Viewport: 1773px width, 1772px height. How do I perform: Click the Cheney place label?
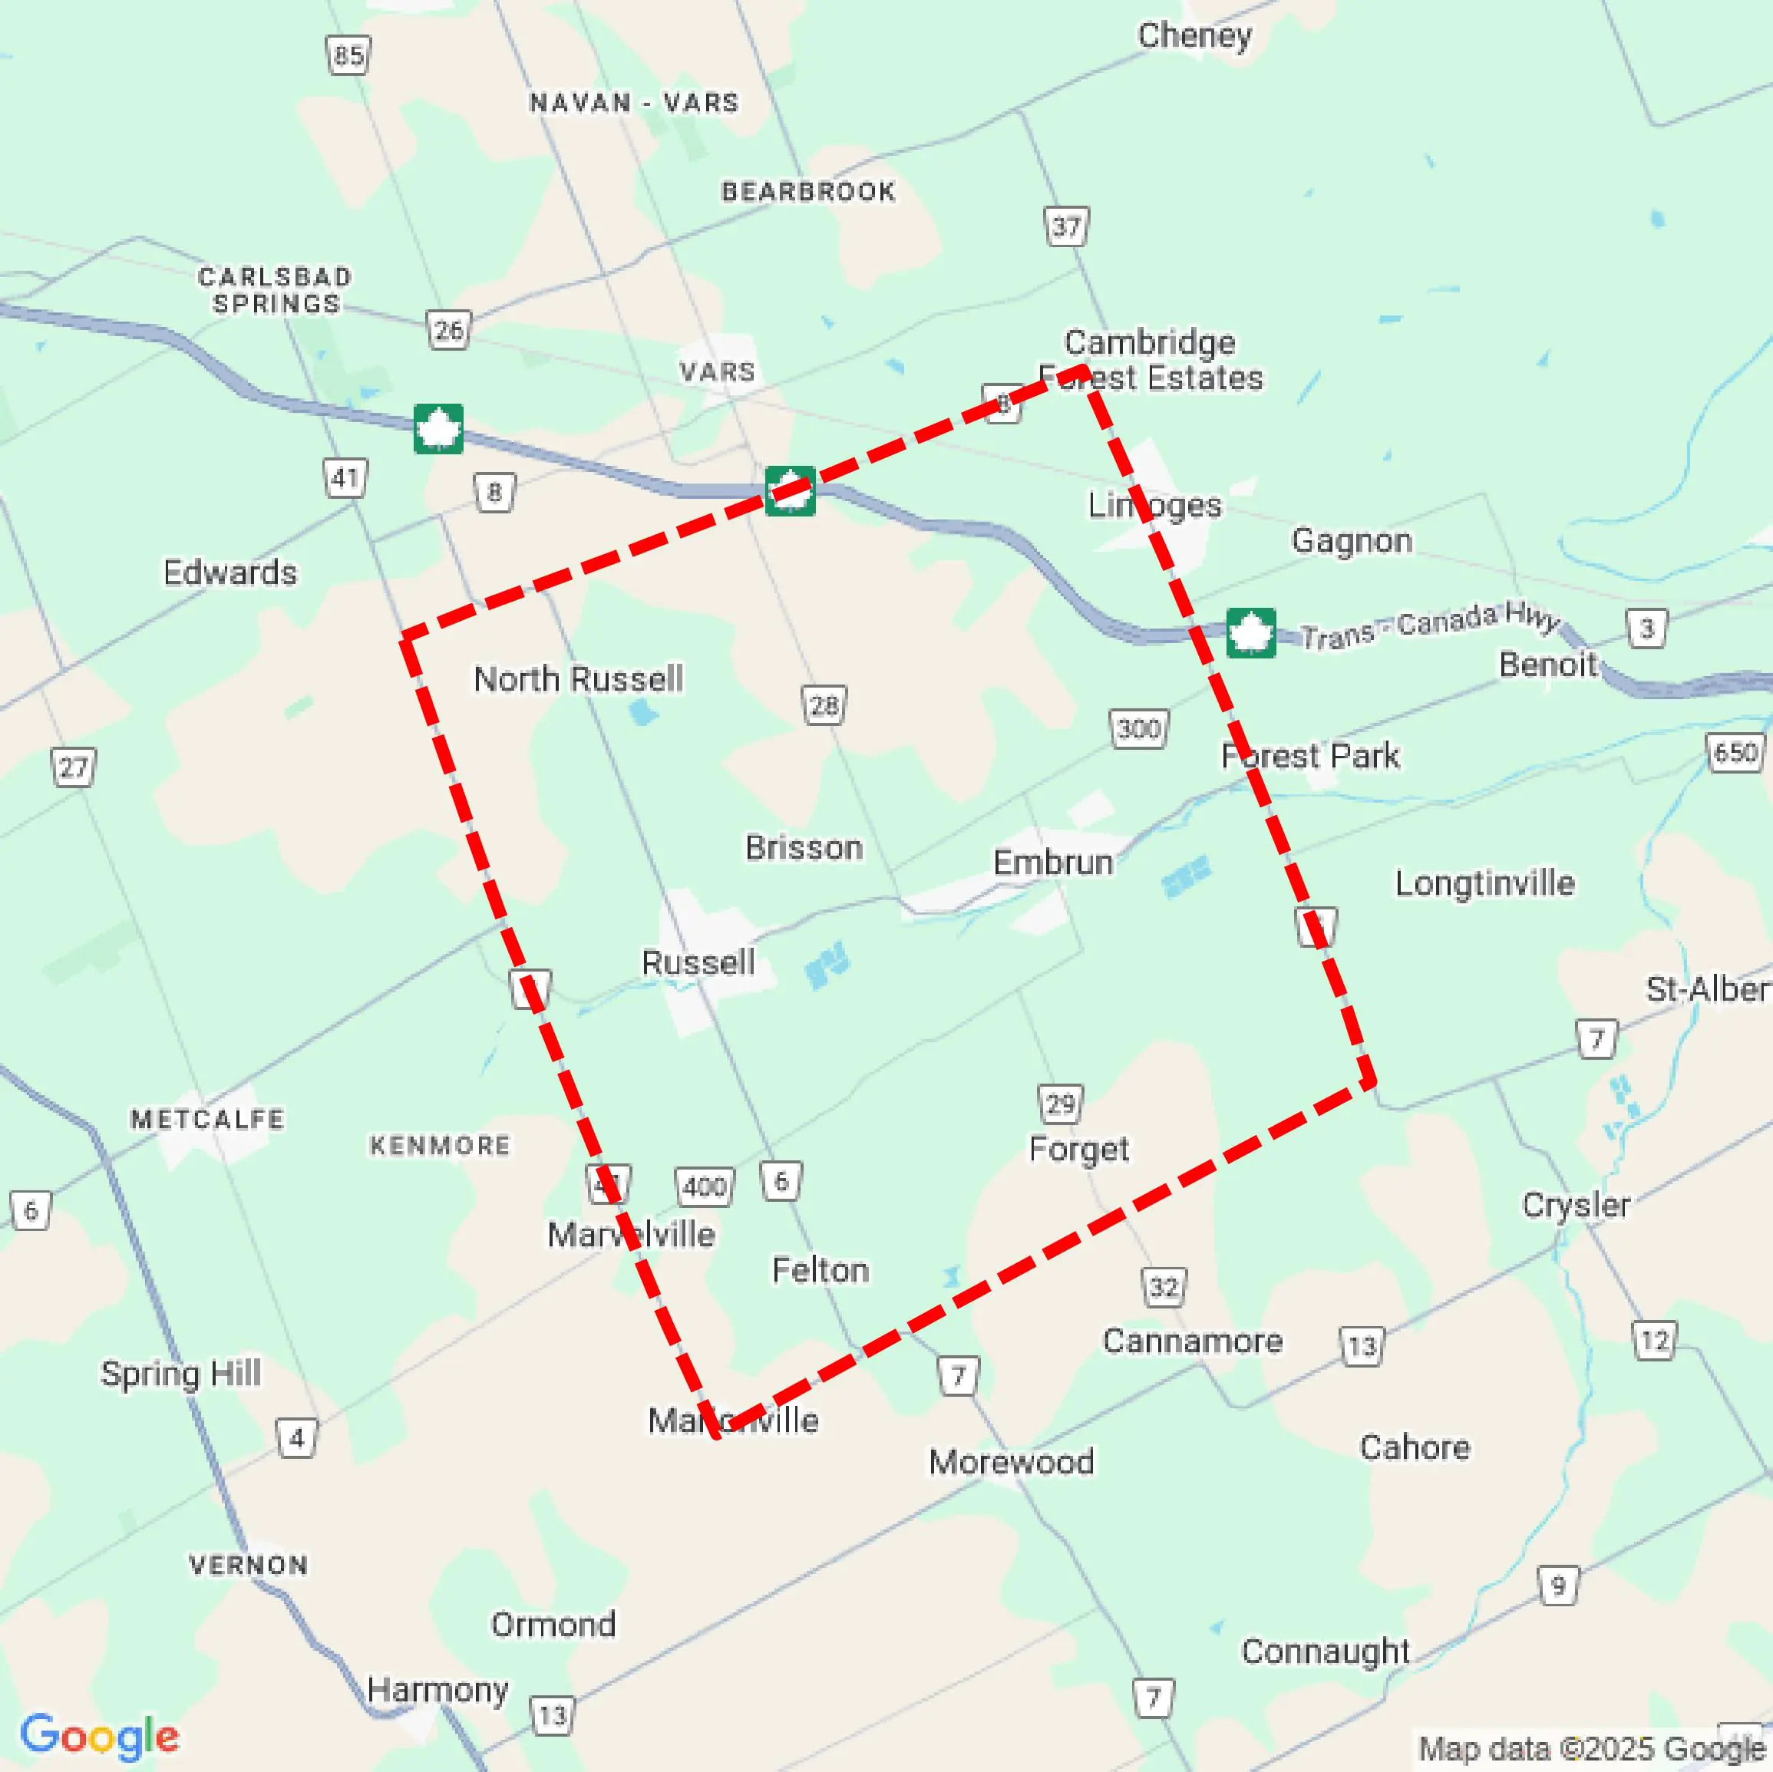[x=1194, y=37]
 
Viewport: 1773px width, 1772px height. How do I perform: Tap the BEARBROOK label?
[x=807, y=192]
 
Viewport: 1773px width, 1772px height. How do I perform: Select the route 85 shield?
[x=348, y=56]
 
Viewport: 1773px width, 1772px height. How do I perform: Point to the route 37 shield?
[x=1065, y=226]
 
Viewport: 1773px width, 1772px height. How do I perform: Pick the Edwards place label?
[x=229, y=573]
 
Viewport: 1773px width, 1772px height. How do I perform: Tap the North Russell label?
[x=578, y=679]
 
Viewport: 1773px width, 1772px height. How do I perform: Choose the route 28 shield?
[x=823, y=705]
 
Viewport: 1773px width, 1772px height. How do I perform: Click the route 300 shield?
[x=1138, y=728]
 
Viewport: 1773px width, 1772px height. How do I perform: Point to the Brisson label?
[x=804, y=847]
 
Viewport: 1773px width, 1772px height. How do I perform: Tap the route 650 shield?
[x=1735, y=753]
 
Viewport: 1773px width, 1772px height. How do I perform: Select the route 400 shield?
[x=704, y=1186]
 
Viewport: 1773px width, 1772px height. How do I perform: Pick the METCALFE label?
[x=207, y=1119]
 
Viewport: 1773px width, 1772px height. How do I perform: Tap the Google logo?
[x=99, y=1735]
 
